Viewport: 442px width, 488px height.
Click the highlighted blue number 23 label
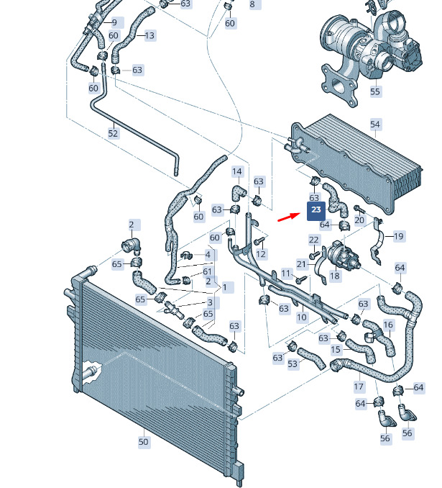(316, 210)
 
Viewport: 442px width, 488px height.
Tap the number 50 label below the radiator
(144, 441)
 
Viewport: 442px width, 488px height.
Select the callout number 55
(375, 91)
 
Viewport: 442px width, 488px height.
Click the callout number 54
(374, 125)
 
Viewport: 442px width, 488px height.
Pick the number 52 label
(113, 133)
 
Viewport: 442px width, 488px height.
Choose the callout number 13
(149, 35)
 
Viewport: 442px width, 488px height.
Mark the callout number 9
(114, 22)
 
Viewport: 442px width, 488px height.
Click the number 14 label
(237, 171)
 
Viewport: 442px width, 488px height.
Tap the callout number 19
(399, 236)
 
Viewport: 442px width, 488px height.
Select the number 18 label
(335, 276)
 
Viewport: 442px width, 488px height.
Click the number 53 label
(293, 364)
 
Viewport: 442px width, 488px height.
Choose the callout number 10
(301, 317)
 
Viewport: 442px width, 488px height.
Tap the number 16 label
(388, 325)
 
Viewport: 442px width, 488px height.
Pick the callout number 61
(208, 271)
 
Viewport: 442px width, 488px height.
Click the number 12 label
(261, 254)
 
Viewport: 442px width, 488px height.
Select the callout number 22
(314, 240)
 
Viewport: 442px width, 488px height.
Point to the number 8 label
(252, 4)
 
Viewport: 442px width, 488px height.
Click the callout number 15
(336, 350)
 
